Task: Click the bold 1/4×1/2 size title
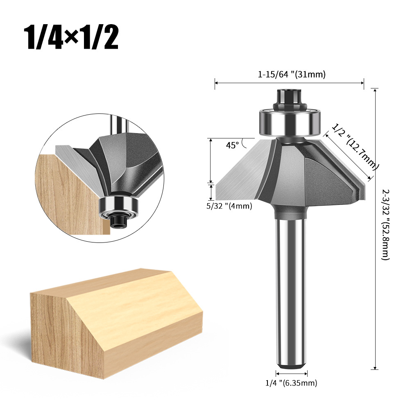coord(71,37)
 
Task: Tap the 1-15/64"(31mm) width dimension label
coord(292,75)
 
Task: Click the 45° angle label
coord(232,145)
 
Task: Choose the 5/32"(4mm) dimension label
coord(229,206)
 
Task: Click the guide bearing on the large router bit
coord(290,122)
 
